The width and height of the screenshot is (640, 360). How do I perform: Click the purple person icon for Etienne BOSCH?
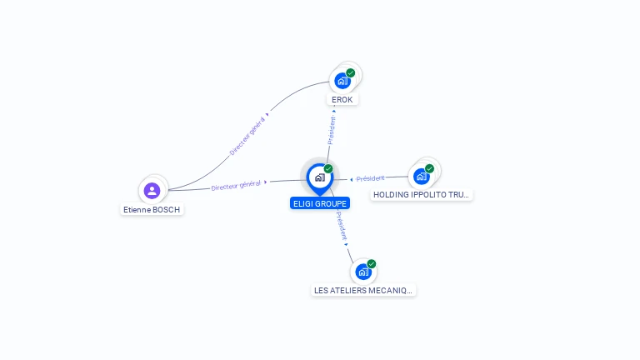[x=152, y=191]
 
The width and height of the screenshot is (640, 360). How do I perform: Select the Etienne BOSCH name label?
[x=152, y=210]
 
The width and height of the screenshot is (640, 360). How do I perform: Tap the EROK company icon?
[x=341, y=81]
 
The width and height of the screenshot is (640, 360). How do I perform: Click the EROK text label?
[x=342, y=100]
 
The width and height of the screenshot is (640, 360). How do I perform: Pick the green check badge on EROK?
[x=351, y=73]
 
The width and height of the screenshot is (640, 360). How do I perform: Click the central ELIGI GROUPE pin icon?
[x=319, y=177]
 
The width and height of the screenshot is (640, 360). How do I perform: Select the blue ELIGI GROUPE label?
[x=320, y=203]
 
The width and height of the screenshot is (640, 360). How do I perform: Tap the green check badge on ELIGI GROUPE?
[x=328, y=169]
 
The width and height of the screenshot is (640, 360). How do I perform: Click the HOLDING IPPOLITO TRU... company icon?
[x=421, y=176]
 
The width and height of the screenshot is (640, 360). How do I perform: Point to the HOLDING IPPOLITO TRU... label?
[x=422, y=195]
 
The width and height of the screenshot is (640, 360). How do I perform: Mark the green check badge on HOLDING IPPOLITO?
[x=430, y=168]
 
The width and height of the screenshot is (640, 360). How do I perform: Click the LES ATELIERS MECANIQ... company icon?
[x=362, y=272]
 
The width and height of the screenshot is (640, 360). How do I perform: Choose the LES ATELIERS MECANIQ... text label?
[x=363, y=291]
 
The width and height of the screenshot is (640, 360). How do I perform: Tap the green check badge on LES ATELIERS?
[x=372, y=264]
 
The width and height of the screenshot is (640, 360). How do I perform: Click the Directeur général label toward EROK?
[x=247, y=137]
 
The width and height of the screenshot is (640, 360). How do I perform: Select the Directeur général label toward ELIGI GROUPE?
[x=237, y=185]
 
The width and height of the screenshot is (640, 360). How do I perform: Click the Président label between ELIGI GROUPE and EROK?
[x=332, y=130]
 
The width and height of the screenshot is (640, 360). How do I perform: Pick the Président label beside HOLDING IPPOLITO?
[x=370, y=178]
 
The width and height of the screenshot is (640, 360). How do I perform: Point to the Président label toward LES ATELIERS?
[x=341, y=226]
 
